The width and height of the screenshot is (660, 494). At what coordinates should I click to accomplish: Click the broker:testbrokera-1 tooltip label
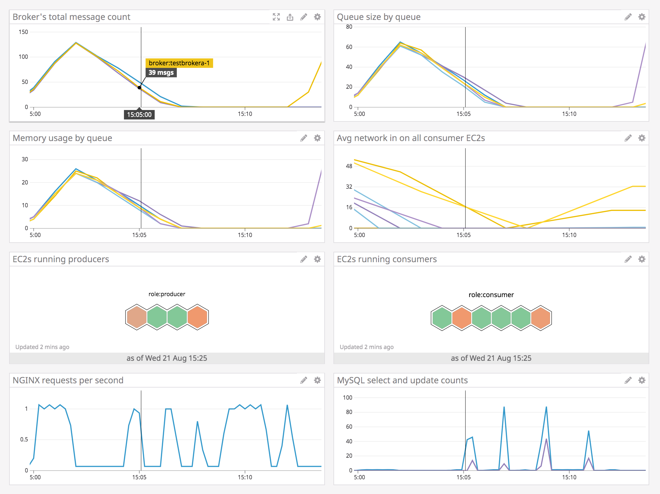coord(179,63)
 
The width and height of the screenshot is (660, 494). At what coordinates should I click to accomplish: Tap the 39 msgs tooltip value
coord(161,72)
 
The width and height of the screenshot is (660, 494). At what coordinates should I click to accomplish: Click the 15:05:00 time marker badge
coord(139,115)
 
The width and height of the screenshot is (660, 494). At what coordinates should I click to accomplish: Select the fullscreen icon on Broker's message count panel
coord(276,17)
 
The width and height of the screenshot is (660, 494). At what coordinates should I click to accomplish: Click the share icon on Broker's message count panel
coord(290,17)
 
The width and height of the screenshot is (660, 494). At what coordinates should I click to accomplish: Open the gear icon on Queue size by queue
coord(641,17)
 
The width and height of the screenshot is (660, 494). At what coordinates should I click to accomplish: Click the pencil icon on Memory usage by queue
coord(303,138)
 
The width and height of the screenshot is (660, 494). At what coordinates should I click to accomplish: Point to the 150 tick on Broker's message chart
coord(23,32)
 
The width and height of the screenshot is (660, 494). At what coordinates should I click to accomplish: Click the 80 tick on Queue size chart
coord(349,27)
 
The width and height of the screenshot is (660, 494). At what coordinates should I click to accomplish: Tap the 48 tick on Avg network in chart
coord(349,166)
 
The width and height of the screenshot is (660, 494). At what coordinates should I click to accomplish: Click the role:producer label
coord(167,294)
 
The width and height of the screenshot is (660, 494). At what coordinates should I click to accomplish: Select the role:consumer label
coord(491,295)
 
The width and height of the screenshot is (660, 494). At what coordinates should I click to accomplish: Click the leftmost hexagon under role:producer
coord(137,317)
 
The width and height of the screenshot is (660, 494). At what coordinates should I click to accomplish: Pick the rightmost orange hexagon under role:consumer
coord(541,318)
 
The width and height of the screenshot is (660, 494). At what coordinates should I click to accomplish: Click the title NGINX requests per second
coord(68,380)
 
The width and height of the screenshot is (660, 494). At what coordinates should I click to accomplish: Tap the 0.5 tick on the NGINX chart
coord(24,439)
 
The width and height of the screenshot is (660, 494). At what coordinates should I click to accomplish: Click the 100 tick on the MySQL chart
coord(347,398)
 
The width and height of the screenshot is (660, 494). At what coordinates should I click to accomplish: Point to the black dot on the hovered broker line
coord(139,88)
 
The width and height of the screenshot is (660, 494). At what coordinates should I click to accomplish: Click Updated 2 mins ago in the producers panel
coord(42,347)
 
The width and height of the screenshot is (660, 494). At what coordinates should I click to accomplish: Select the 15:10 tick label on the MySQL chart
coord(569,477)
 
